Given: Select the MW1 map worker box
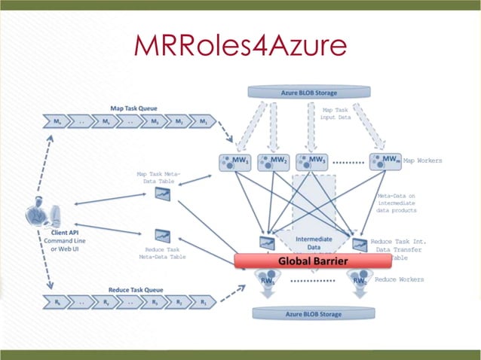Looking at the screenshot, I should [235, 160].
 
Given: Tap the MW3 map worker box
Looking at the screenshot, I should [311, 160].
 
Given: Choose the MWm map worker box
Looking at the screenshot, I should [384, 160].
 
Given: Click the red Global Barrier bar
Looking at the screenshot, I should [313, 261].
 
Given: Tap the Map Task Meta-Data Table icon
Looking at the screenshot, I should [162, 194].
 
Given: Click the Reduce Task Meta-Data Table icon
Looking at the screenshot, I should [162, 235].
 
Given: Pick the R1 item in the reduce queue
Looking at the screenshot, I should [203, 303].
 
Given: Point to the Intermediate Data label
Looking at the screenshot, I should [313, 243].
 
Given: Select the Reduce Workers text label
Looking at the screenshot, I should [400, 279].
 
